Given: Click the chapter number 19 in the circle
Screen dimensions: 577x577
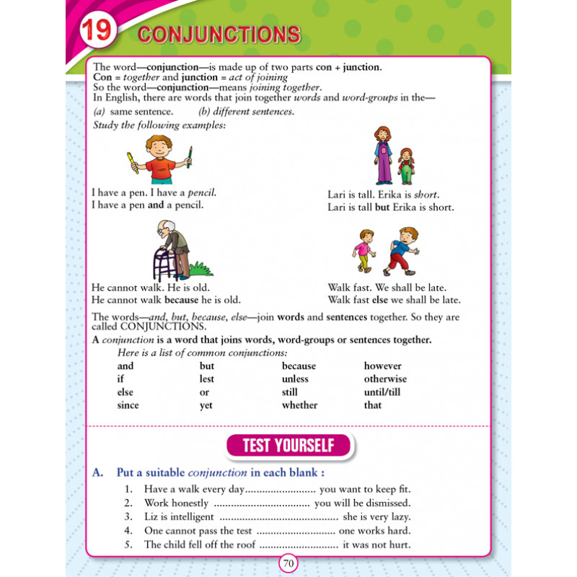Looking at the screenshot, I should pos(97,33).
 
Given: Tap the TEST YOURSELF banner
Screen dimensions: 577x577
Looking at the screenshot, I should pos(288,446).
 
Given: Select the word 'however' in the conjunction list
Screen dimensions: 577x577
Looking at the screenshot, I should pos(382,366).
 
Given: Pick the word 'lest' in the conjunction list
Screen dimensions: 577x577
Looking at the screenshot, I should pos(207,379).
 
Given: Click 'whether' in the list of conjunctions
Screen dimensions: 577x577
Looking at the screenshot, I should pos(299,405).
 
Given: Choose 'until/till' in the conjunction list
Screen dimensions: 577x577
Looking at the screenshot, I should pos(382,392).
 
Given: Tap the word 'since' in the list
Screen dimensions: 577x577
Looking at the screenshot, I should pos(128,405).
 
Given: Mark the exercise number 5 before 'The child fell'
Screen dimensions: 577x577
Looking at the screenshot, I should pos(128,545).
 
